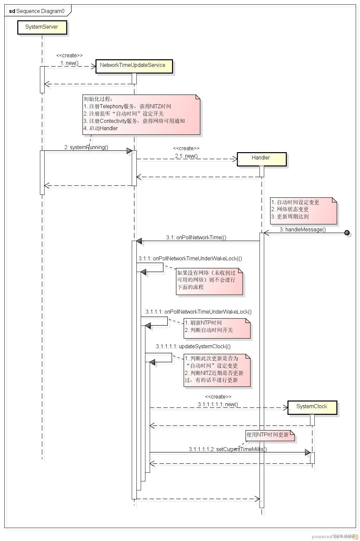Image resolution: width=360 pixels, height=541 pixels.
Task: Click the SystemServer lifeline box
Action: [42, 27]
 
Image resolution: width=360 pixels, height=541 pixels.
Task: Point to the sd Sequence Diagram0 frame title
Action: [37, 11]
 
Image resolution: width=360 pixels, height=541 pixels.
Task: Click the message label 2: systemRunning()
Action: [86, 147]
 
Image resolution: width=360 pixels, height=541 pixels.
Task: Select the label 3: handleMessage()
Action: [302, 229]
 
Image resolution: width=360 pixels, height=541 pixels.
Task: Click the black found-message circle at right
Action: [347, 233]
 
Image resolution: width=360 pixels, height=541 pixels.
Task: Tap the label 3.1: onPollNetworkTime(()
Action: [196, 237]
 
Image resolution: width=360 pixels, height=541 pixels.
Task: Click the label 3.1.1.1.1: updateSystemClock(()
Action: [193, 346]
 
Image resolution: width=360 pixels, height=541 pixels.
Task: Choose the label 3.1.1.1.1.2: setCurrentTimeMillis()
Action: [228, 449]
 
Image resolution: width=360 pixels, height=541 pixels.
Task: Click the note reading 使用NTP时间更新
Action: [270, 435]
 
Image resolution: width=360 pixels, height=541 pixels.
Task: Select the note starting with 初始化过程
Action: [141, 115]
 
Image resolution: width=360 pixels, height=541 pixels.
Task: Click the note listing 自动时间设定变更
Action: [303, 210]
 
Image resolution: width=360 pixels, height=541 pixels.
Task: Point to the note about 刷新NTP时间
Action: [217, 328]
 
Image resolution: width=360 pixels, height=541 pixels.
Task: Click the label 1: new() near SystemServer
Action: [70, 63]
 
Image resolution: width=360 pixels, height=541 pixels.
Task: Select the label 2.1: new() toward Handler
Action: [186, 156]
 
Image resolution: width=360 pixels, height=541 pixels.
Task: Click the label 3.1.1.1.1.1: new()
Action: [218, 404]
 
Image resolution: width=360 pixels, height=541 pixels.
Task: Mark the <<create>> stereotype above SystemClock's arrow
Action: [218, 397]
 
